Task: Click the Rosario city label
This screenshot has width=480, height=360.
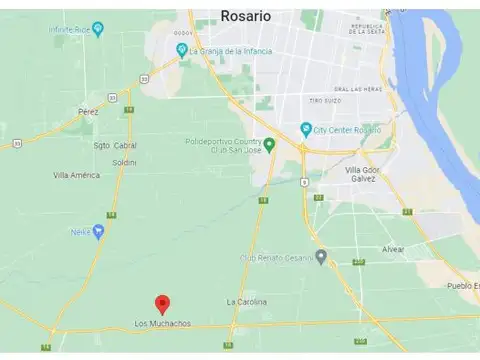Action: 244,16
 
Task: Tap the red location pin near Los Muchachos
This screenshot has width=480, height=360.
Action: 163,305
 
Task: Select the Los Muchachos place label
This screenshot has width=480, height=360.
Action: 163,323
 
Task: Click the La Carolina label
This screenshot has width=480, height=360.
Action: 246,301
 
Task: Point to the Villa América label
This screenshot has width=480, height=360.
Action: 76,175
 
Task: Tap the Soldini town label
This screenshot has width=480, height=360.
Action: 124,161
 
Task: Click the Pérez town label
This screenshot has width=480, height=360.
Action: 88,111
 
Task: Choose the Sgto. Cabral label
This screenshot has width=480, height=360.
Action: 115,145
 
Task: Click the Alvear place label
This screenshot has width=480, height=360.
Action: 393,248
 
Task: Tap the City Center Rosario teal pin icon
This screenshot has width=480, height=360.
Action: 306,128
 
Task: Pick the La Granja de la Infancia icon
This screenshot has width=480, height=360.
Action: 181,49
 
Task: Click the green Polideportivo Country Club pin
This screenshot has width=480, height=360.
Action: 269,144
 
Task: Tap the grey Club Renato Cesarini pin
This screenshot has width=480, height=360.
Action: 320,256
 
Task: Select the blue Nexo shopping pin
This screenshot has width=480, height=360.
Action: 98,231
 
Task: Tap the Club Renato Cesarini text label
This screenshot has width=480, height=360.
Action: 275,256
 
